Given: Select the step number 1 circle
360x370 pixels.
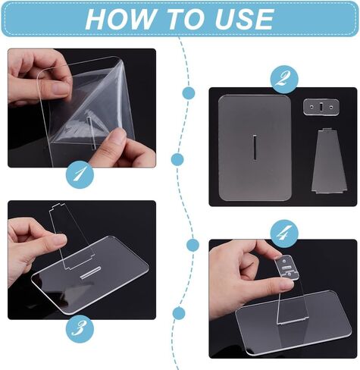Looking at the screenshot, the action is [x=80, y=174].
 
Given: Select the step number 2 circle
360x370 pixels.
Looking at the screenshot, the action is [x=284, y=80].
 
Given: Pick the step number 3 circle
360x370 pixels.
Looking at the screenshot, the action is [x=80, y=329].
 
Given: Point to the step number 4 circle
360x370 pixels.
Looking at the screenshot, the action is [x=284, y=234].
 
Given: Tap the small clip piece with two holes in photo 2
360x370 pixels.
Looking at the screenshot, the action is [x=321, y=107].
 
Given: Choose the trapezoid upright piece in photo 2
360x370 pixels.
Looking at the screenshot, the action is [x=328, y=161].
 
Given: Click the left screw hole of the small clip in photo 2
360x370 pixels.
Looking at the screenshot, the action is [x=311, y=107].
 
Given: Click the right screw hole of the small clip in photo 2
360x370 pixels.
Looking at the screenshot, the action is [x=331, y=107].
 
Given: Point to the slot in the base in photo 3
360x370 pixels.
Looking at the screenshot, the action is [x=90, y=273].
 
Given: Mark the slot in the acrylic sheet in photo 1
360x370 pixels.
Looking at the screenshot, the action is [x=91, y=133].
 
